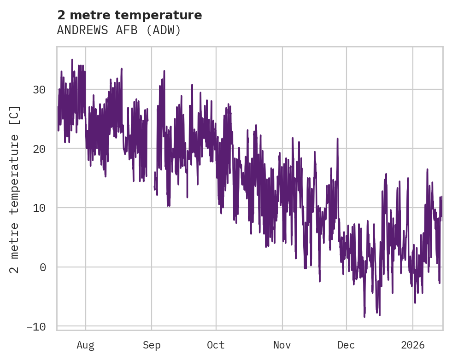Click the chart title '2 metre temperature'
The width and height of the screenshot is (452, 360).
[x=129, y=15]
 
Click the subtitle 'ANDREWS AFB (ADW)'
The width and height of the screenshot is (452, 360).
[x=119, y=30]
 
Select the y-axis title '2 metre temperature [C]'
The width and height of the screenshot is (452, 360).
[x=15, y=190]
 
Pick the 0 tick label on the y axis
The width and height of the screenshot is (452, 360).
[x=43, y=267]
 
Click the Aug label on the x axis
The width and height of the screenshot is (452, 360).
[x=85, y=345]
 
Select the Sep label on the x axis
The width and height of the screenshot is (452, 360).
[x=152, y=345]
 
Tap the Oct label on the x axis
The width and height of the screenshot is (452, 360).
[x=216, y=345]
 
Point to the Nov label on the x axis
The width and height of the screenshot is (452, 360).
[x=282, y=345]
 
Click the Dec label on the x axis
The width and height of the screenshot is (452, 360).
[x=346, y=345]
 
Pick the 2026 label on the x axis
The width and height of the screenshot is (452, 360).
[x=413, y=345]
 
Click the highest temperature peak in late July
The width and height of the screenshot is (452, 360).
[x=72, y=59]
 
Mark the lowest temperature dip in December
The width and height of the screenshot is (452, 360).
[x=364, y=317]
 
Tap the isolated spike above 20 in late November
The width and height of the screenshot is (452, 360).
[x=337, y=138]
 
